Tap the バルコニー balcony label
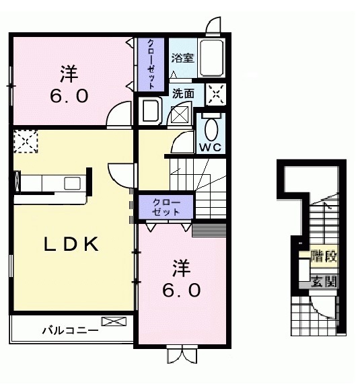[x=70, y=330]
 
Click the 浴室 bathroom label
[x=182, y=58]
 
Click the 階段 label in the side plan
[x=324, y=257]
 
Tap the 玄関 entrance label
[x=324, y=282]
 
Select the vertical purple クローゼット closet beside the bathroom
[x=151, y=65]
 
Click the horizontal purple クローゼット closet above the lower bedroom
[x=166, y=206]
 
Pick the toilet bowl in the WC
[x=211, y=128]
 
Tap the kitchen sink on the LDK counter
[x=71, y=182]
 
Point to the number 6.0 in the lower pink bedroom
[x=180, y=291]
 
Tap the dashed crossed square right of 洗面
[x=215, y=93]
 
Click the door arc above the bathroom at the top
[x=215, y=26]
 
